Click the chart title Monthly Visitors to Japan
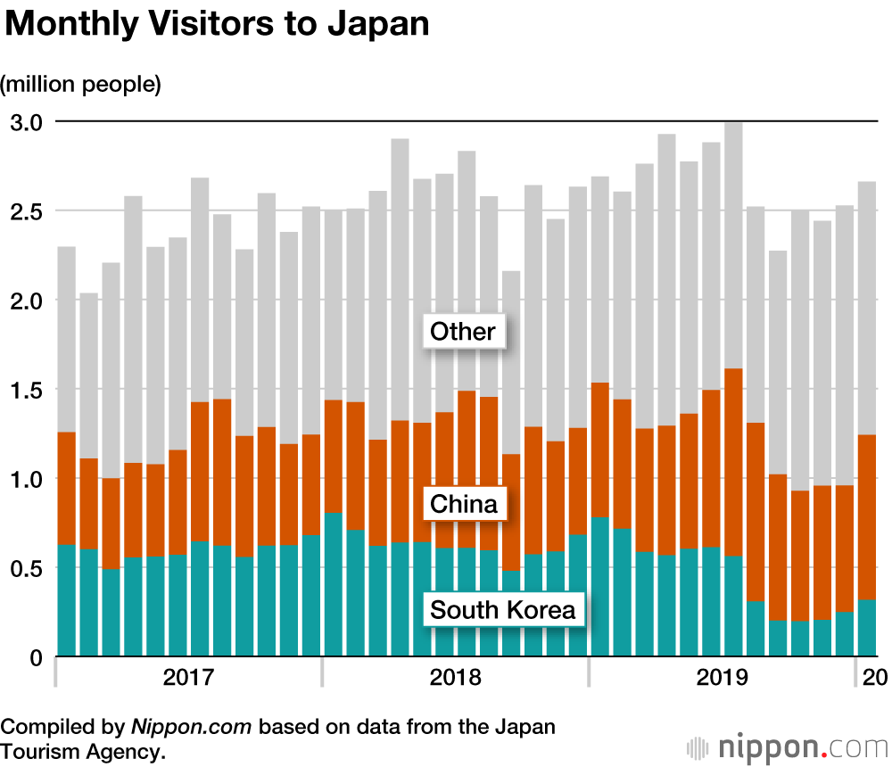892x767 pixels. pyautogui.click(x=217, y=24)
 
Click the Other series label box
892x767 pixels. pyautogui.click(x=462, y=332)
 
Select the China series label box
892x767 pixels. pyautogui.click(x=463, y=505)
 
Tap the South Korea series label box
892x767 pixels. pyautogui.click(x=503, y=611)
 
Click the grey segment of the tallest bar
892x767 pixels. pyautogui.click(x=733, y=245)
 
